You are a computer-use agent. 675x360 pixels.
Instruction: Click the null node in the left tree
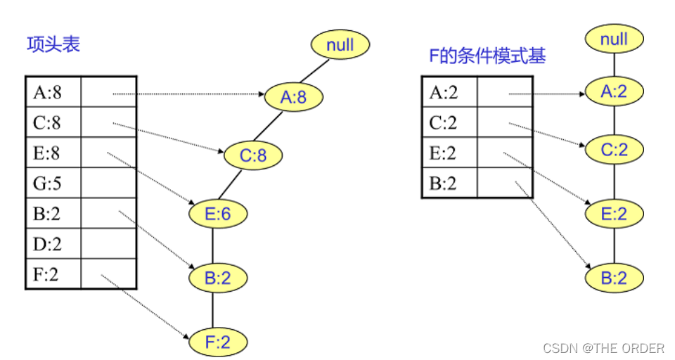(x=340, y=46)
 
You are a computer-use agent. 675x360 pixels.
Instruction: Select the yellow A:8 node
(x=294, y=97)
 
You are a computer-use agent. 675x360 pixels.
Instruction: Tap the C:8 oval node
(x=253, y=155)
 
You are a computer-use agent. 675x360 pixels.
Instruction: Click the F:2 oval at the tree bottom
(x=217, y=342)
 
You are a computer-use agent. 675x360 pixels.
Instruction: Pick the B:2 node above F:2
(x=217, y=278)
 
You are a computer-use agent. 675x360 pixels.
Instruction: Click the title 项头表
(x=53, y=44)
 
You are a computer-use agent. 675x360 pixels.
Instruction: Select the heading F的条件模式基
(x=487, y=57)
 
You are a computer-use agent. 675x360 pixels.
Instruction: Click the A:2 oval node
(x=614, y=91)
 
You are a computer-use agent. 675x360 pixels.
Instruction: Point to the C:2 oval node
(x=614, y=150)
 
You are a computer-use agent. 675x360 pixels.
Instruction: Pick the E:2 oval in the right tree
(x=614, y=213)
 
